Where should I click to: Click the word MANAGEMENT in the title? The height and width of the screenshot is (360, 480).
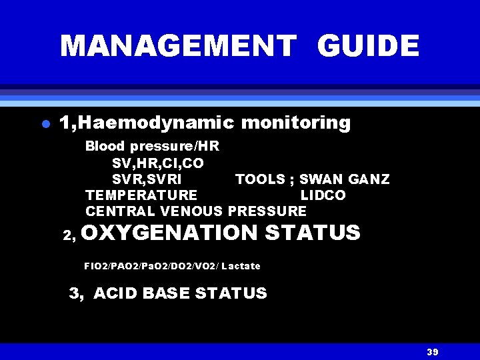tap(177, 46)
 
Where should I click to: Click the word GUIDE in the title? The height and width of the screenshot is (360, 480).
tap(368, 46)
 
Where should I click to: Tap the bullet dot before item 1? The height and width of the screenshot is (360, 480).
tap(45, 125)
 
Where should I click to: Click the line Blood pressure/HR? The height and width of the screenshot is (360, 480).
tap(152, 146)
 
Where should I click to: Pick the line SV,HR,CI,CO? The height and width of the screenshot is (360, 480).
tap(158, 163)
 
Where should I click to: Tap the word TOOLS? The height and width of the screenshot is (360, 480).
tap(259, 179)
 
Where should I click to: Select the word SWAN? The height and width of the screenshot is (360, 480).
tap(319, 179)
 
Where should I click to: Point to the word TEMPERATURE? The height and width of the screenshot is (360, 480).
tap(141, 195)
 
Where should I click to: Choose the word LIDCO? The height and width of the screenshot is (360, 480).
tap(323, 195)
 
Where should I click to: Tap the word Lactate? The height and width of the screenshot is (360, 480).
tap(241, 266)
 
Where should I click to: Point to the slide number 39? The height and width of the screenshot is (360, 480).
tap(432, 352)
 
